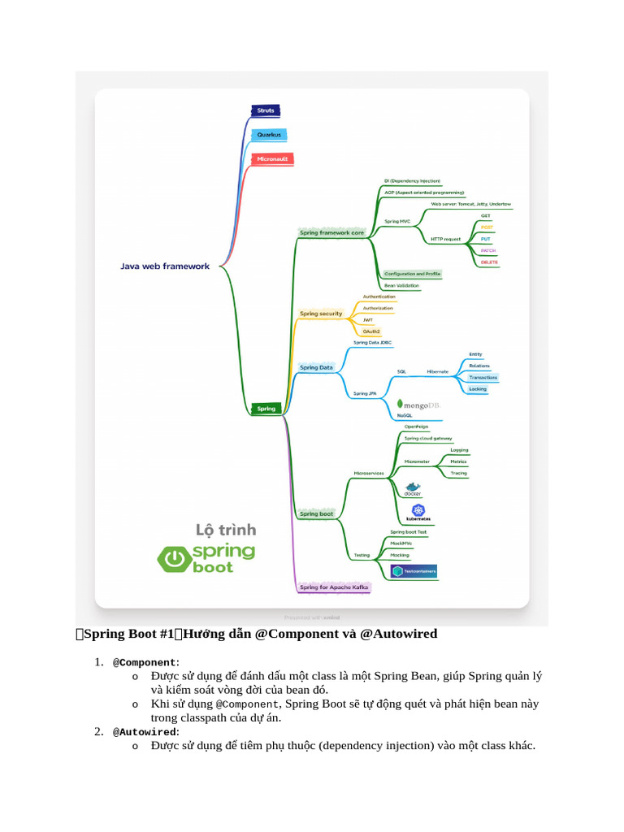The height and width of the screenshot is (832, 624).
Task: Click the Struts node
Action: (266, 110)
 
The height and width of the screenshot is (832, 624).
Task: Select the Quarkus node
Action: (269, 135)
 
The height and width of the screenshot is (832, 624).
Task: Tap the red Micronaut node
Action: (272, 159)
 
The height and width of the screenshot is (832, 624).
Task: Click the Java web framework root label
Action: (165, 266)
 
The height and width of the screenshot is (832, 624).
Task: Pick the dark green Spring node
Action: (266, 409)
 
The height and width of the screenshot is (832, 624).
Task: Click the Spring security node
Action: (321, 313)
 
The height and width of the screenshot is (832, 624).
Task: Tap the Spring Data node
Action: (316, 367)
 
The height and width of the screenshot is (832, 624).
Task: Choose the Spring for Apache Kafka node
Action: (334, 587)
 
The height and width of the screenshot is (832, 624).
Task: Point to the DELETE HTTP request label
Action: (489, 262)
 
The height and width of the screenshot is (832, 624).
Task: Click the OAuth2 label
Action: (371, 331)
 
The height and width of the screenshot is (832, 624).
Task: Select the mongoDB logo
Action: (419, 404)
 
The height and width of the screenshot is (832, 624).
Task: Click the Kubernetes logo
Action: (418, 513)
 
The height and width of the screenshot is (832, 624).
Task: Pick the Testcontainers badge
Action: (414, 571)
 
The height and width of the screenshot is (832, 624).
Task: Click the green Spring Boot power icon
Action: (172, 558)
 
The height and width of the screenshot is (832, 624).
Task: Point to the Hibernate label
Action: (438, 371)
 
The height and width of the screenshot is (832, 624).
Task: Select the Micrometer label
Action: (417, 461)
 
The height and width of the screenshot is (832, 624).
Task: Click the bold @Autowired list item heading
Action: (145, 732)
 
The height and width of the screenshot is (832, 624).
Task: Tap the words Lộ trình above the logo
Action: (226, 530)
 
